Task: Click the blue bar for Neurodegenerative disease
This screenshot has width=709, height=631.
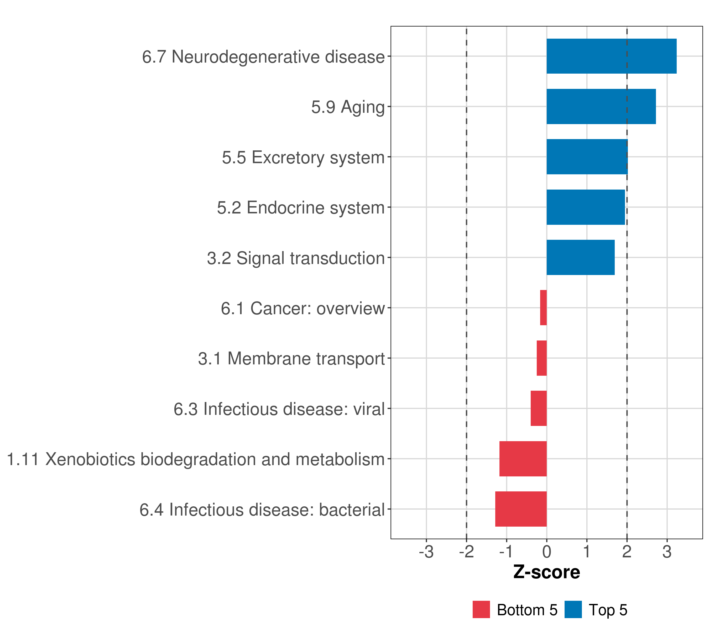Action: pos(611,56)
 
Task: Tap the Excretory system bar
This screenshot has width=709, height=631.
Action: pos(587,157)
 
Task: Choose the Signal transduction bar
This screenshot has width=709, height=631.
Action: pos(580,257)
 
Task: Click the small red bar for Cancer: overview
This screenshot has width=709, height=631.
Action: pos(543,308)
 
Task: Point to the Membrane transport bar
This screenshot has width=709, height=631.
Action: pos(541,358)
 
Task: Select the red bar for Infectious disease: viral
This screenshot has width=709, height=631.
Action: pos(538,408)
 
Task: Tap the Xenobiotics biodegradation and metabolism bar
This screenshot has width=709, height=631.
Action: pos(523,459)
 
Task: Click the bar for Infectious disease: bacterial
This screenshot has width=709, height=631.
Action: pos(521,509)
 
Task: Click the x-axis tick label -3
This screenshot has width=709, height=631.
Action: pos(426,552)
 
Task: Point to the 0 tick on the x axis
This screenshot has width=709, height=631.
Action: pos(547,552)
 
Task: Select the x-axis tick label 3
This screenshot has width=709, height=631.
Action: pos(667,552)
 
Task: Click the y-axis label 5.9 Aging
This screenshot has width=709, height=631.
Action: pos(348,107)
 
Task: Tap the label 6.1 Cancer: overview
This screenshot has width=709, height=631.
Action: pos(303,308)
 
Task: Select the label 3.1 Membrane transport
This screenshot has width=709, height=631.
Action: pos(291,359)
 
